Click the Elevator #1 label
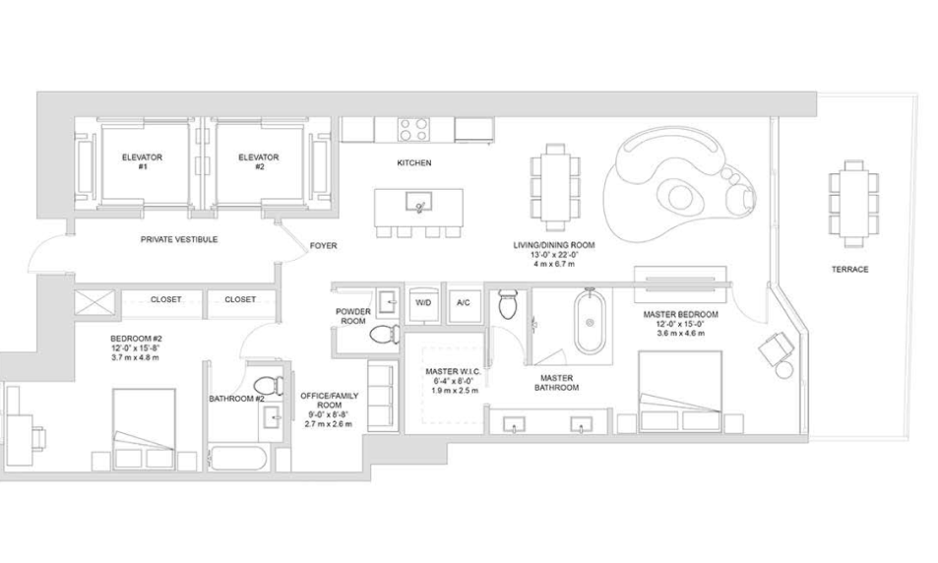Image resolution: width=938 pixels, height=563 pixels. (x=142, y=162)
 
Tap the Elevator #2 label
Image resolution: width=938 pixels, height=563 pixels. (x=259, y=162)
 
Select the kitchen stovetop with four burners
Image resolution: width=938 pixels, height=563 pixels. (x=414, y=129)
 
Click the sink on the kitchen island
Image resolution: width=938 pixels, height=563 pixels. (x=418, y=202)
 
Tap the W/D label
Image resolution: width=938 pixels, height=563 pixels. (x=423, y=303)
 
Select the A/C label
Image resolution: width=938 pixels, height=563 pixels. (x=463, y=303)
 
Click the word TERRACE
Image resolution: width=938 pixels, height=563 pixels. (x=849, y=270)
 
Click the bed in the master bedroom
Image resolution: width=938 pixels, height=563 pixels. (x=680, y=392)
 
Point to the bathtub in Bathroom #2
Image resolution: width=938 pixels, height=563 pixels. (x=237, y=460)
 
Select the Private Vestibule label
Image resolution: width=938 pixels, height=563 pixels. (x=179, y=239)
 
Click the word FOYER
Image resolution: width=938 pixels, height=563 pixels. (x=323, y=245)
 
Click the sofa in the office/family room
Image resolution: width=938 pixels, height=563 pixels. (x=382, y=396)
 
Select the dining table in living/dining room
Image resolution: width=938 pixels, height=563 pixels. (x=555, y=187)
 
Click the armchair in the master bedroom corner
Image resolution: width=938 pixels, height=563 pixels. (x=776, y=347)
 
